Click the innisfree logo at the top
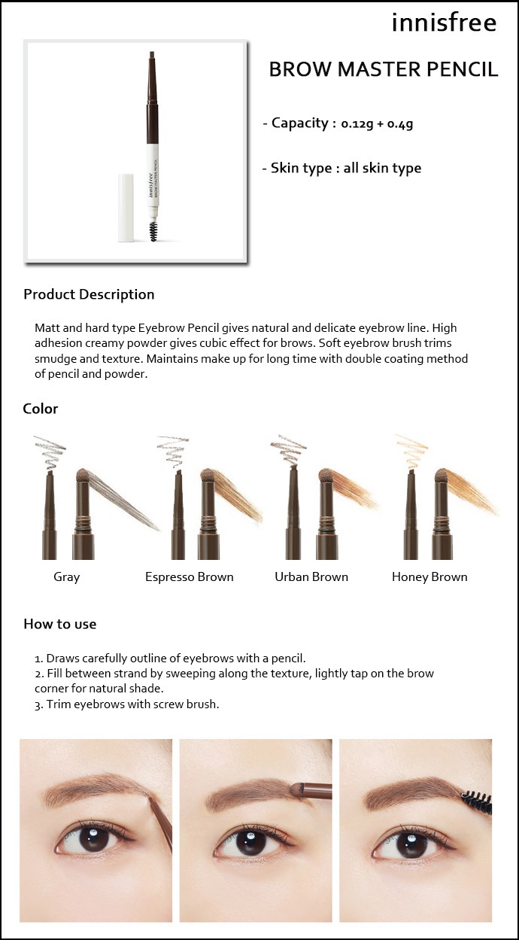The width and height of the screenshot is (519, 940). tap(444, 23)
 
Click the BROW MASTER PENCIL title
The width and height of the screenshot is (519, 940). tap(384, 70)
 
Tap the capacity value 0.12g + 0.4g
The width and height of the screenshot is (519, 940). tap(377, 123)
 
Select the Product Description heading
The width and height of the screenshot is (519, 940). tap(89, 294)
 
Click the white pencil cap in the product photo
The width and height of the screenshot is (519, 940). tap(126, 208)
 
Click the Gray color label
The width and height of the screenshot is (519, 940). tap(67, 577)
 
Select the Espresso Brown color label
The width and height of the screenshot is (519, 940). tap(190, 576)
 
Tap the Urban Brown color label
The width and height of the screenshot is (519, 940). tap(311, 576)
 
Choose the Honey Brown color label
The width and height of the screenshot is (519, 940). tap(429, 577)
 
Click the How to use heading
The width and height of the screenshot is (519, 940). tap(60, 624)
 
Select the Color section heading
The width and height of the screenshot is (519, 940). tap(41, 409)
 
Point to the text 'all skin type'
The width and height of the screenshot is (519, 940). tap(382, 169)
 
